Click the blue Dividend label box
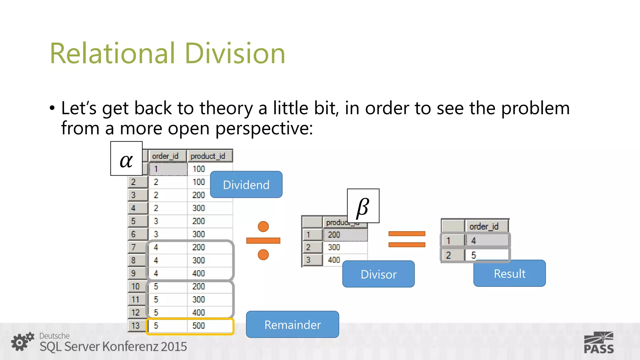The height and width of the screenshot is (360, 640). tap(246, 185)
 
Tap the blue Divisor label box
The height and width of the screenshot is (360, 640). tap(378, 274)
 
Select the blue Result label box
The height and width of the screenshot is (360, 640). tap(509, 273)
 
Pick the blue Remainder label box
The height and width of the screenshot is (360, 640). tap(292, 324)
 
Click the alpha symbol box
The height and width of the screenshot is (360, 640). tap(126, 159)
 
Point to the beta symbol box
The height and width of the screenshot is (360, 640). tap(363, 206)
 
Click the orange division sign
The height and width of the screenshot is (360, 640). tap(263, 240)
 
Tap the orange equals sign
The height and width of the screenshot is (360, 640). tap(407, 239)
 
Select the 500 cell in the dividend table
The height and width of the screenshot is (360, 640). tap(199, 326)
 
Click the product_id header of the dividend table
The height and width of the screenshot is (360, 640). tap(208, 156)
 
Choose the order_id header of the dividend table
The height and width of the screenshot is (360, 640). tap(165, 156)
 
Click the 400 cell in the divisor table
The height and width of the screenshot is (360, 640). tap(334, 260)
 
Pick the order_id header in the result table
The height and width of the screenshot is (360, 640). tap(484, 226)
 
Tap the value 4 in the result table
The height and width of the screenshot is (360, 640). tap(474, 241)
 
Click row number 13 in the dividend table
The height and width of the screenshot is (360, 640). tap(136, 326)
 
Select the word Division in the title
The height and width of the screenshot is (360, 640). tap(235, 53)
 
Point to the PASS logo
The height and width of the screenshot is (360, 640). tap(599, 343)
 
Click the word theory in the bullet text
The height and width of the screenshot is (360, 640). tap(226, 108)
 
